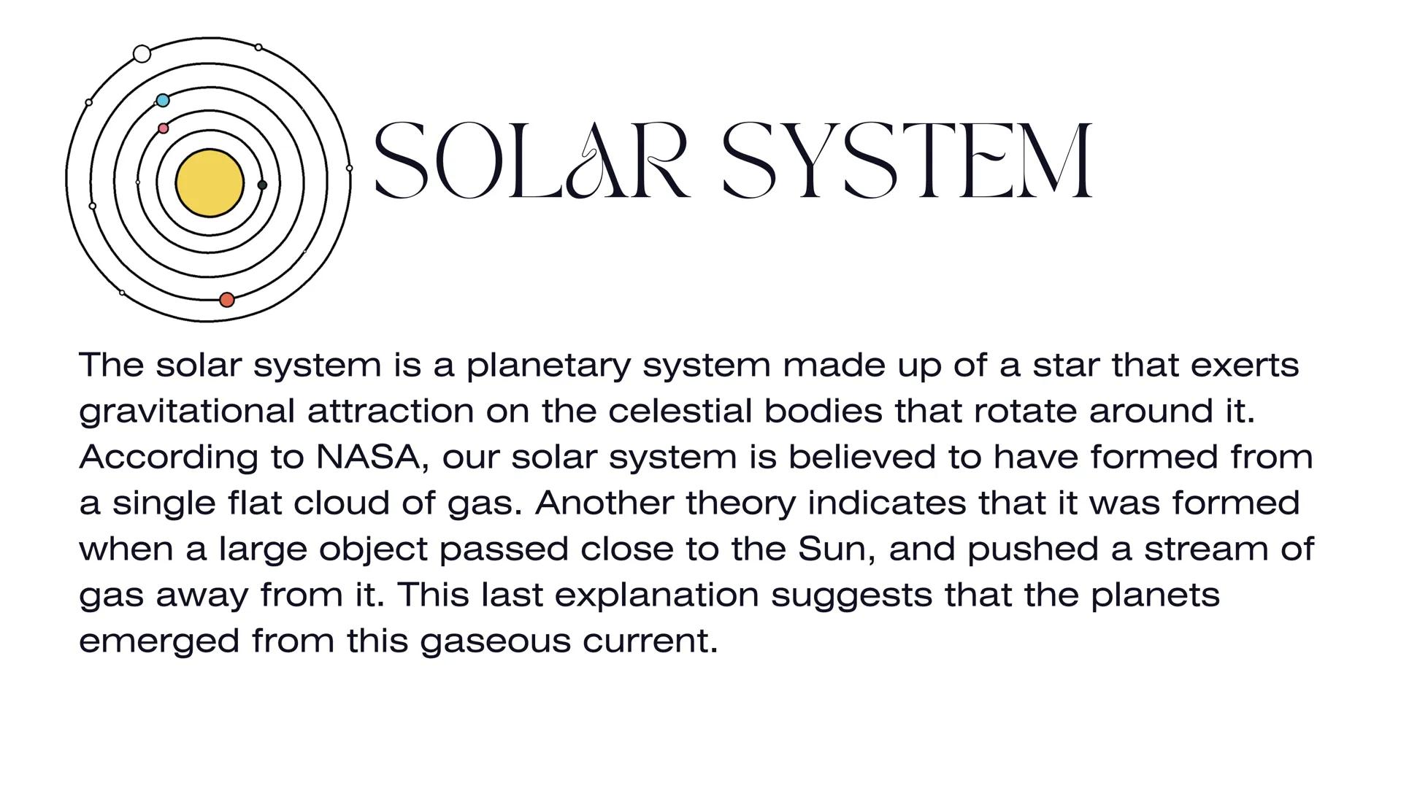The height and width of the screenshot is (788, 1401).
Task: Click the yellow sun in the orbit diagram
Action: [x=210, y=183]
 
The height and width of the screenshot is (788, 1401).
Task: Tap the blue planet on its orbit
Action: [x=163, y=100]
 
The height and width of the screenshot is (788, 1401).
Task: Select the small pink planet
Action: [x=163, y=128]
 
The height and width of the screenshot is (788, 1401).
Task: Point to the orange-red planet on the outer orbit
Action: [x=227, y=300]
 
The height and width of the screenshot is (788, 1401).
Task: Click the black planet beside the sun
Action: [x=262, y=185]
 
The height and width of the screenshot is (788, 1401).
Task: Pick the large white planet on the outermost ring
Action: [x=142, y=53]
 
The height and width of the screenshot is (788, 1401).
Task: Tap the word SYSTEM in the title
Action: [x=907, y=161]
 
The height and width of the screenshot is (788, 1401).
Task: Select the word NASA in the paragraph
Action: [x=369, y=457]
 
